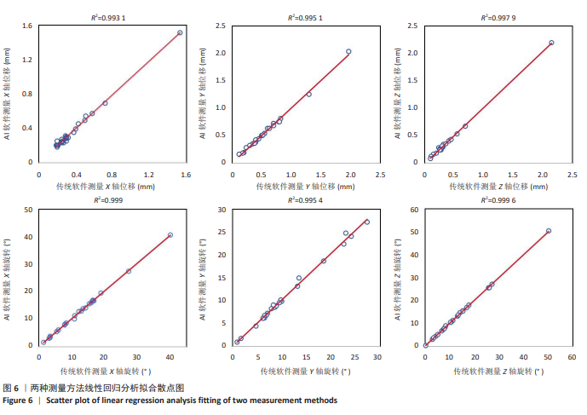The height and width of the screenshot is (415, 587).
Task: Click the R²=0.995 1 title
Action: (x=302, y=17)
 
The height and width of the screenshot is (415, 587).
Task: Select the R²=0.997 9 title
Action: (x=497, y=17)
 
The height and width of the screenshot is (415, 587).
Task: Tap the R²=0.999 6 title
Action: (x=497, y=200)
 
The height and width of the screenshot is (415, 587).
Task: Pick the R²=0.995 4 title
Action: (x=302, y=200)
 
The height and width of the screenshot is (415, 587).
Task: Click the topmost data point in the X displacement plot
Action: (x=180, y=32)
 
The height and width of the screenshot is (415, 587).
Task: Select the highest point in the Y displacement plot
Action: (x=348, y=52)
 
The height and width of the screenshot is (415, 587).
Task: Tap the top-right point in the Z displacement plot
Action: (x=551, y=43)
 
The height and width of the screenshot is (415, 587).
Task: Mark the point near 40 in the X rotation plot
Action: (x=170, y=235)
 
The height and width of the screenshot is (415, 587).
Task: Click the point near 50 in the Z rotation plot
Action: (x=548, y=231)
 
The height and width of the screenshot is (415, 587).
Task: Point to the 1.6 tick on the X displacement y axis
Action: (x=28, y=26)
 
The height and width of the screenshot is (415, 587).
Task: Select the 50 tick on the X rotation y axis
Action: (x=29, y=209)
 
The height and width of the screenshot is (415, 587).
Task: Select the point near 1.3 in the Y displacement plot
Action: (x=308, y=94)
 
